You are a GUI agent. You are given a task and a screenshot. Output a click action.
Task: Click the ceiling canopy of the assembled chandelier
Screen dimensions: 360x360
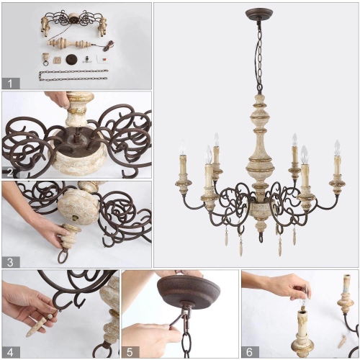259,14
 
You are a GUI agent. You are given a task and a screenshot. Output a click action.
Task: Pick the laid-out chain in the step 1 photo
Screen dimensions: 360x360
72,75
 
